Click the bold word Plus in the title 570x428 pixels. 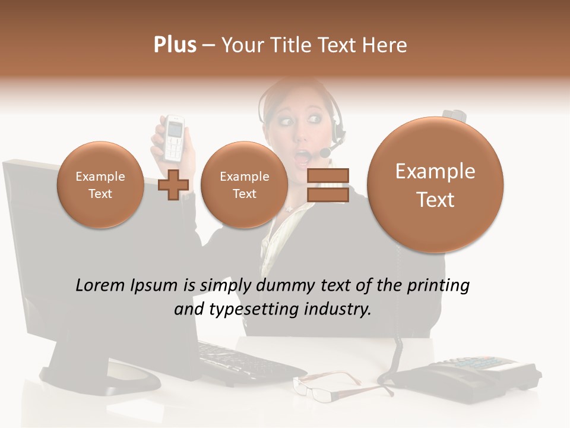pyautogui.click(x=175, y=45)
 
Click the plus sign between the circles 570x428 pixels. pyautogui.click(x=173, y=184)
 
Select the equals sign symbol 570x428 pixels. pyautogui.click(x=327, y=185)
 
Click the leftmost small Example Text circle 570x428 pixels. pyautogui.click(x=100, y=184)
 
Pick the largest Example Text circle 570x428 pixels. pyautogui.click(x=435, y=184)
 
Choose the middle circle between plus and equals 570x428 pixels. pyautogui.click(x=244, y=184)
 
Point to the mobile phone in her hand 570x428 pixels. pyautogui.click(x=174, y=137)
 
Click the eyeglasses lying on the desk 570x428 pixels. pyautogui.click(x=341, y=385)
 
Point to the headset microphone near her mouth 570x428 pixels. pyautogui.click(x=325, y=153)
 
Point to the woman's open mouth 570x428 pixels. pyautogui.click(x=303, y=156)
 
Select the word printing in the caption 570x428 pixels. pyautogui.click(x=437, y=285)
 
